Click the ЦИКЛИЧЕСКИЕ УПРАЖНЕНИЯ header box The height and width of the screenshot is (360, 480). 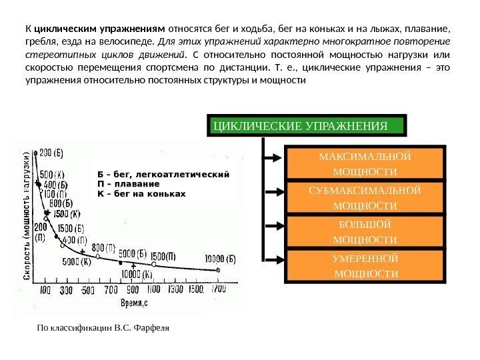307,125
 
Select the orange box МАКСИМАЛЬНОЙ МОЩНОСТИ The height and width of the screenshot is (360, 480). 364,164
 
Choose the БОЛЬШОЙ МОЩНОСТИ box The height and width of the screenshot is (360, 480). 364,231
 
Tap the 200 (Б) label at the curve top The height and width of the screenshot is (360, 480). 51,153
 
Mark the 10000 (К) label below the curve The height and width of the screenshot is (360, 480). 139,273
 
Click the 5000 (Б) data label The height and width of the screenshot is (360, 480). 132,253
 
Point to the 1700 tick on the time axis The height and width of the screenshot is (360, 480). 218,291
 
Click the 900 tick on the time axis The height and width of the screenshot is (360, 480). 132,291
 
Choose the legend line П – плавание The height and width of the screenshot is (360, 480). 128,183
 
